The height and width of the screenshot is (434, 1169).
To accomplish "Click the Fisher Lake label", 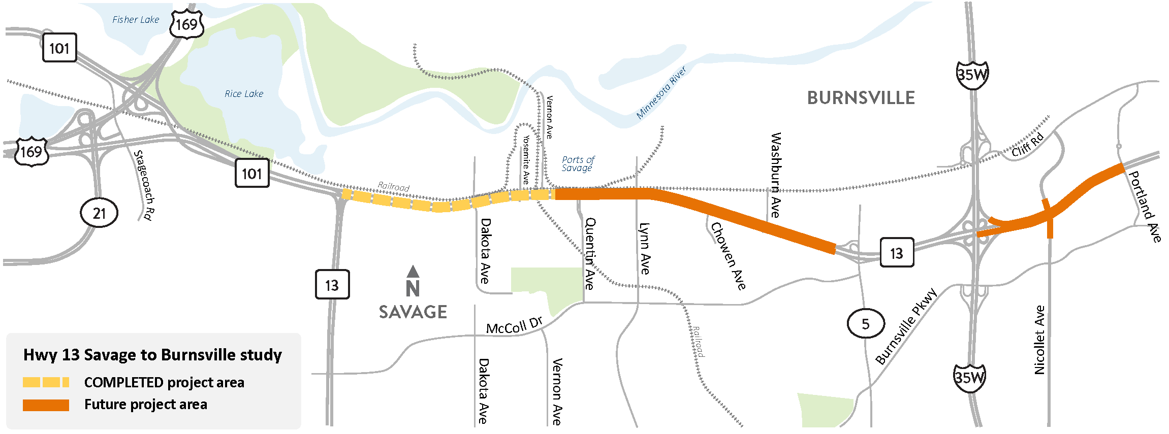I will click(x=135, y=20).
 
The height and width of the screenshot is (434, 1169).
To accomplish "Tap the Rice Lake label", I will click(x=244, y=94).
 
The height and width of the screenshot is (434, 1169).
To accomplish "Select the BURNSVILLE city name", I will click(x=861, y=98).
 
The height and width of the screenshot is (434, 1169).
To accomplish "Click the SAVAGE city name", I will click(x=413, y=312).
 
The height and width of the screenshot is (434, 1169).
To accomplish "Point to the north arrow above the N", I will click(x=413, y=272).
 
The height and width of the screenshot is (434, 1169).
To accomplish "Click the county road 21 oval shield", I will click(x=99, y=213).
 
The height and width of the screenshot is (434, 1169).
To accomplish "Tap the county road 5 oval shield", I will click(x=866, y=323).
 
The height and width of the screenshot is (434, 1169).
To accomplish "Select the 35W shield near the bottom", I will click(x=969, y=378).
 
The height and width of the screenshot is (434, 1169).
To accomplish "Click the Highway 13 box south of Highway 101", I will click(x=332, y=285).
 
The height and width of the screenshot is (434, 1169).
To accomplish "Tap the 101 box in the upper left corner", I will click(x=59, y=48).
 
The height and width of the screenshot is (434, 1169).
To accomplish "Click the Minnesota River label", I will click(x=661, y=93).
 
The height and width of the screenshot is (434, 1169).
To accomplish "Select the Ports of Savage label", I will click(x=578, y=164).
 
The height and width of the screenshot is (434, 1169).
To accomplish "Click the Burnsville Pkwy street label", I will click(x=906, y=326).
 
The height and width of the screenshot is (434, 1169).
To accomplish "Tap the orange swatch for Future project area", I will click(x=46, y=405).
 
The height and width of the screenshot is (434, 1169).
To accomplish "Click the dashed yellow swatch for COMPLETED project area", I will click(x=46, y=382).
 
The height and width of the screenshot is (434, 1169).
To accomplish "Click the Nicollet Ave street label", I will click(x=1039, y=340).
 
